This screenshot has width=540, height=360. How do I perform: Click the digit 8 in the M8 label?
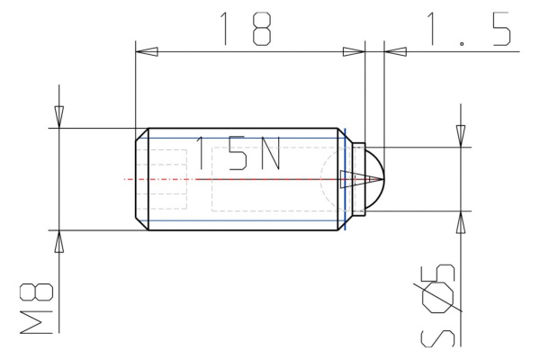[36, 292]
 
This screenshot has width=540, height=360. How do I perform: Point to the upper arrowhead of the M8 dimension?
[59, 117]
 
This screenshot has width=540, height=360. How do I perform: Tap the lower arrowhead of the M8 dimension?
[59, 241]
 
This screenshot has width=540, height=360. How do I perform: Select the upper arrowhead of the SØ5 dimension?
[461, 135]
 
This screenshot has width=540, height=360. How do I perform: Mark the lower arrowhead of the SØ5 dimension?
[461, 223]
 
